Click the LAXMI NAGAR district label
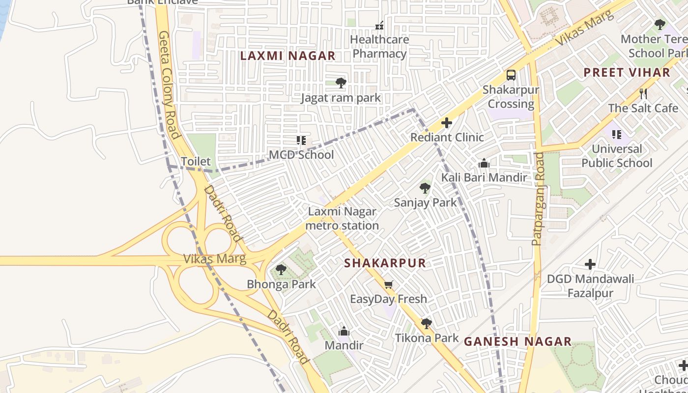[x=287, y=56]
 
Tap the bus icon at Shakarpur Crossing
[x=511, y=75]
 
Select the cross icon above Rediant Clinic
[x=447, y=123]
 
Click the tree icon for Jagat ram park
[x=341, y=83]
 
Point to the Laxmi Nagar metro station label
[x=342, y=219]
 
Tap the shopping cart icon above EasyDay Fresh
[x=388, y=284]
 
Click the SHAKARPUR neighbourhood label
[x=385, y=263]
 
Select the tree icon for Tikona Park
[x=427, y=323]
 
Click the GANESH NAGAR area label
[x=517, y=341]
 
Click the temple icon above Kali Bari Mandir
[x=484, y=163]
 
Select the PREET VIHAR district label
[x=627, y=73]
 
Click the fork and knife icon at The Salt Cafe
[x=643, y=93]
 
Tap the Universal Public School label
[x=617, y=156]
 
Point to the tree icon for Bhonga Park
[x=281, y=269]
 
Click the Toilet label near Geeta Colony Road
[x=196, y=161]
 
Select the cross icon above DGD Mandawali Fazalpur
[x=590, y=264]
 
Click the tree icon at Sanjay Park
[x=425, y=188]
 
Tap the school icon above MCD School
[x=301, y=140]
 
